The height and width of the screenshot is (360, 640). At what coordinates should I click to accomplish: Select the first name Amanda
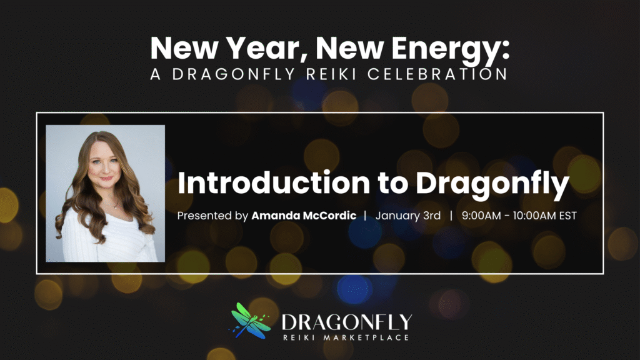273,216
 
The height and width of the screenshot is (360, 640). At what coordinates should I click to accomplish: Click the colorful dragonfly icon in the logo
249,320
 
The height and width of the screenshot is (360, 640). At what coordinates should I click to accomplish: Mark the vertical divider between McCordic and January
365,216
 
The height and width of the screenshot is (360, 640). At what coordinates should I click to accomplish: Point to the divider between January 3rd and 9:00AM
451,216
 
